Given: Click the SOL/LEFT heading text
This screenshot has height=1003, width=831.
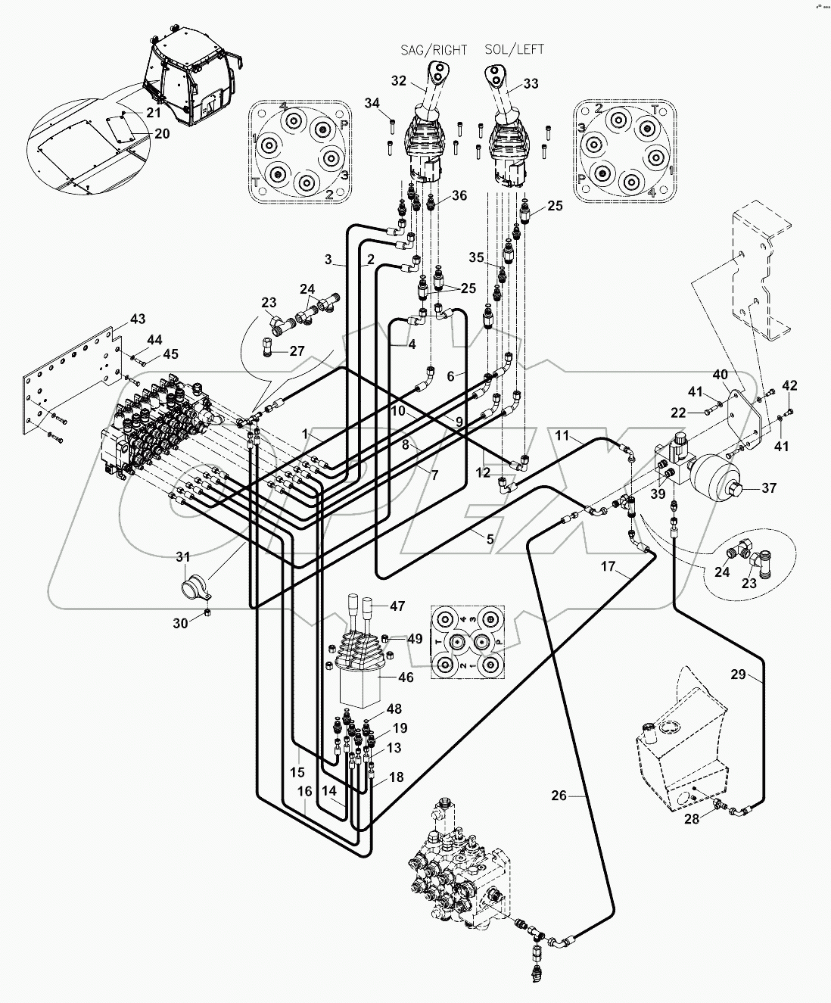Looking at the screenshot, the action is (x=515, y=50).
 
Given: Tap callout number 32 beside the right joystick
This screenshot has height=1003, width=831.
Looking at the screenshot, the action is (x=399, y=80).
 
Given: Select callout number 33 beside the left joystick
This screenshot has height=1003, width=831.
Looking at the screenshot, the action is (x=531, y=84).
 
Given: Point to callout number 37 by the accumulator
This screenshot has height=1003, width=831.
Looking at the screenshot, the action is (x=769, y=488).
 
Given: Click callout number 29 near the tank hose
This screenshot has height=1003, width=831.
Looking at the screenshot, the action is (x=738, y=675).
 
